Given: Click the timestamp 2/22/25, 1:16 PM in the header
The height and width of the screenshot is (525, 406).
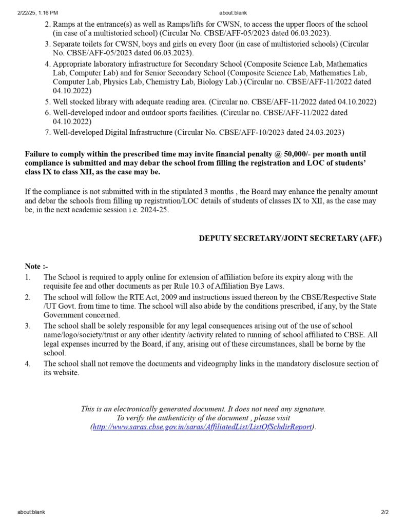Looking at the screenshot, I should point(37,12).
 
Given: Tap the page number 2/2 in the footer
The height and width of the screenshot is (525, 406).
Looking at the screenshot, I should point(385,512).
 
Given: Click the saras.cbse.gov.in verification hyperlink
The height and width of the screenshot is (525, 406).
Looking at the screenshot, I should point(202,427).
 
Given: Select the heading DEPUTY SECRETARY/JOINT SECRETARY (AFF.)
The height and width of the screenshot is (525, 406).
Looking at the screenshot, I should point(291,238).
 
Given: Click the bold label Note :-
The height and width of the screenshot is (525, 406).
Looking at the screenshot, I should point(36,266).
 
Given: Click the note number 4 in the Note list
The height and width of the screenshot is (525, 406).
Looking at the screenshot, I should point(28,364).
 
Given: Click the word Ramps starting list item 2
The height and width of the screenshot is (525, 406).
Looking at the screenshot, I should point(64,25).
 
